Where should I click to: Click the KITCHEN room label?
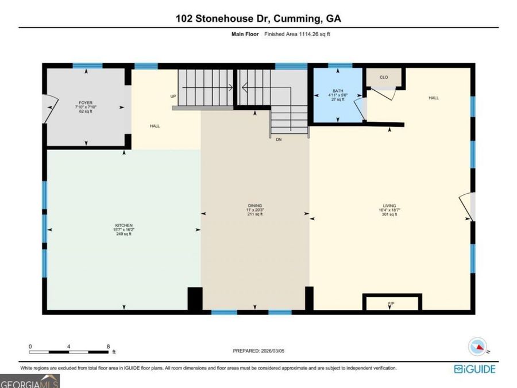tap(124, 225)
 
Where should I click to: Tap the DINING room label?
tap(255, 206)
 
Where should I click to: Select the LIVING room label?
tap(389, 206)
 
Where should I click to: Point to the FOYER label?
tap(86, 103)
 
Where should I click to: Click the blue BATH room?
tap(338, 95)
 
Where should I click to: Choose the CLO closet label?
tap(384, 77)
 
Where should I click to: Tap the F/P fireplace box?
tap(392, 302)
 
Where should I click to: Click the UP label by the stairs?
tap(173, 97)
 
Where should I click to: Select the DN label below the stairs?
tap(279, 140)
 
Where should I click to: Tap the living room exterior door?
tap(466, 207)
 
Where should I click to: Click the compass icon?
tap(478, 347)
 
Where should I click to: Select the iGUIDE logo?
tap(474, 368)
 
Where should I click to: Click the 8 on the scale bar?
tap(108, 347)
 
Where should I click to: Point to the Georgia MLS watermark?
tap(30, 382)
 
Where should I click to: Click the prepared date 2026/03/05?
tap(272, 351)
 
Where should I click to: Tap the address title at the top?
tap(258, 18)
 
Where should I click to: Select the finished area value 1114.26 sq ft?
tap(314, 34)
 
